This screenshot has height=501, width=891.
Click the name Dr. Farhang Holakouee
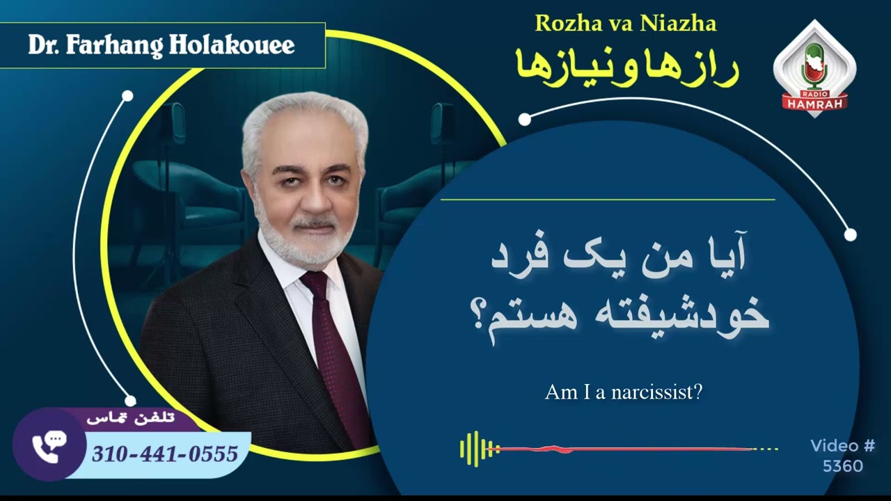pos(161,45)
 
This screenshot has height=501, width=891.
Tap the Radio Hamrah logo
pos(814,70)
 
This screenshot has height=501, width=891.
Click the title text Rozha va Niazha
pos(625,24)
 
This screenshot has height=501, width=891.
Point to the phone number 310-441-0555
pos(165,454)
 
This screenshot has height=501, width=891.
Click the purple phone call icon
pos(49,446)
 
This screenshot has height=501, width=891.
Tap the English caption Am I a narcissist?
pos(623,392)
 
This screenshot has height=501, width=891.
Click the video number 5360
pos(842,466)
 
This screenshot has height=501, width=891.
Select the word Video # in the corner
pos(842,446)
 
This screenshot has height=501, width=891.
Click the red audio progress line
pos(626,449)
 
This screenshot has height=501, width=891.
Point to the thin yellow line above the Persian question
pos(607,200)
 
